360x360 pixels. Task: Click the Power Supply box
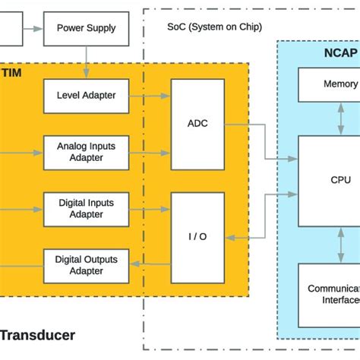pos(86,29)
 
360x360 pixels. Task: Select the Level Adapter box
pos(86,96)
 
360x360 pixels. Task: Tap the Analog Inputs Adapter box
pos(86,152)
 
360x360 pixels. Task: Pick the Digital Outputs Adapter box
pos(86,265)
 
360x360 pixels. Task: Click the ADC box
pos(197,122)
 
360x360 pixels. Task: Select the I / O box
pos(197,236)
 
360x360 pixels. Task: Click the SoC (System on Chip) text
pos(214,27)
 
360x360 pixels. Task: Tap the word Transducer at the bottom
pos(38,335)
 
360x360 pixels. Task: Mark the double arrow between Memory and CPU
pos(339,118)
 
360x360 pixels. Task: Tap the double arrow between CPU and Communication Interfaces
pos(339,245)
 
